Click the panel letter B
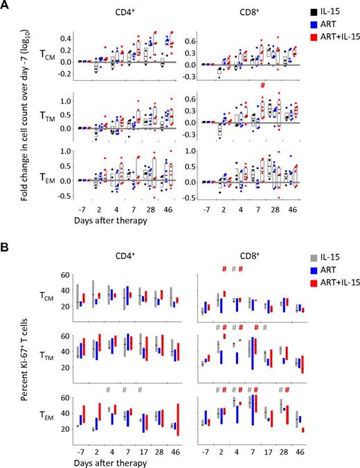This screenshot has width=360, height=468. pyautogui.click(x=6, y=237)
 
